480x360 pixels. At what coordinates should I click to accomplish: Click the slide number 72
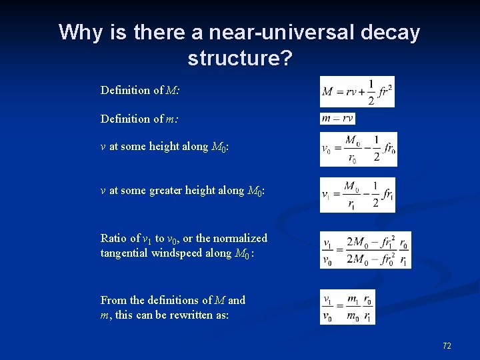447,345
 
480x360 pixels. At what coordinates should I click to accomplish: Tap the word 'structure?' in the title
240,58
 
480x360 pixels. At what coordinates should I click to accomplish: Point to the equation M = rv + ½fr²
357,92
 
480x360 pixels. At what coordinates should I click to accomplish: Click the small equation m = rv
337,119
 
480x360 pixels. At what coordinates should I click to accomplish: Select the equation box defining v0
358,149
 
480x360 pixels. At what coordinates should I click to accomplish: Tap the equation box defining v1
357,195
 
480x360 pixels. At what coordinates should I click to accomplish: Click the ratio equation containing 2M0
365,250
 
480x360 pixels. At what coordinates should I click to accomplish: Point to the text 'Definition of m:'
139,119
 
